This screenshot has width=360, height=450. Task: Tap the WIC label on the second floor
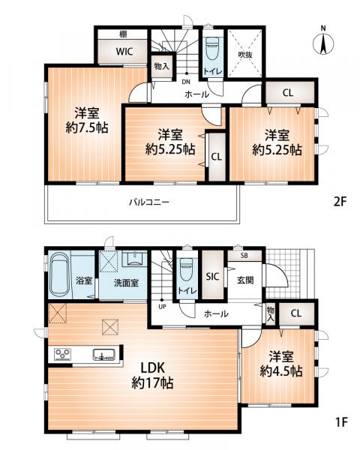[x=124, y=52]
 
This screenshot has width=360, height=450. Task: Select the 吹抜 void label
[x=245, y=54]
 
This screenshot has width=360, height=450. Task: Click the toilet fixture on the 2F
[x=212, y=48]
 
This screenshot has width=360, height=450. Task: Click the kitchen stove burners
[x=63, y=354]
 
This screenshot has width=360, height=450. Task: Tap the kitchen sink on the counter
[x=103, y=355]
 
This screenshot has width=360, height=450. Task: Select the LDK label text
[x=152, y=367]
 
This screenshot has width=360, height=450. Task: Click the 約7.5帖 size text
[x=87, y=127]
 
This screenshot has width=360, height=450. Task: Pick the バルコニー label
[x=149, y=202]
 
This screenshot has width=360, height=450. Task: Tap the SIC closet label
[x=212, y=276]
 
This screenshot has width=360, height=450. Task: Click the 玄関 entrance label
[x=245, y=280]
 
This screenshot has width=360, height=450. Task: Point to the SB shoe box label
[x=244, y=256]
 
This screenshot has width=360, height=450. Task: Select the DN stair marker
[x=186, y=82]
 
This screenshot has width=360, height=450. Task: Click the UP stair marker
[x=162, y=307]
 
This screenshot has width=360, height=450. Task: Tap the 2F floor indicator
[x=340, y=202]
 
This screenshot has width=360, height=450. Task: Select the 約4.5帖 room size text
[x=281, y=372]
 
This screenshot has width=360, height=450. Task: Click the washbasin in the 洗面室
[x=134, y=259]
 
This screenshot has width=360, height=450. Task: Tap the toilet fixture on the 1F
[x=186, y=270]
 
